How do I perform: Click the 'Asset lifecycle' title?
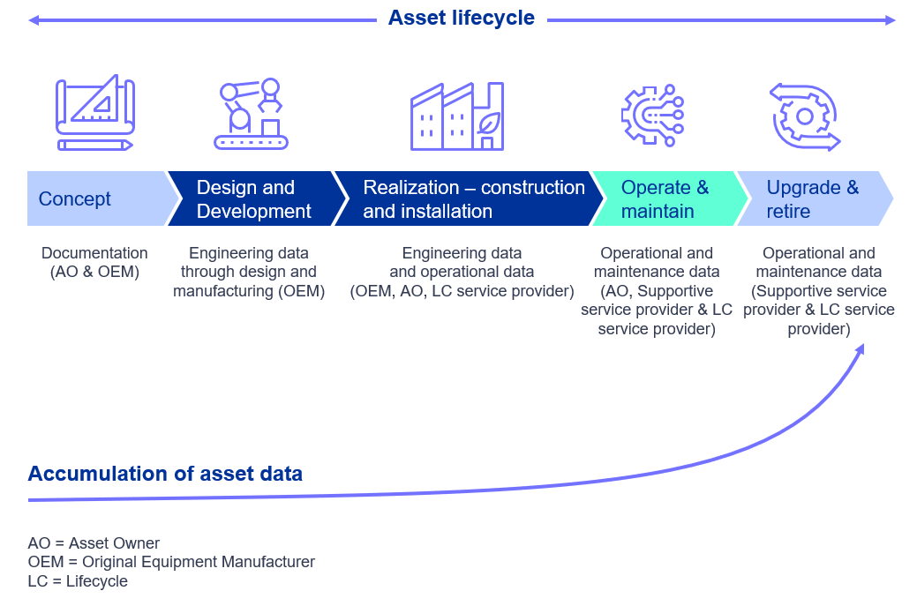(x=461, y=18)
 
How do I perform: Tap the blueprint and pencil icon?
(x=95, y=112)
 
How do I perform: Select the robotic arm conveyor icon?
(x=251, y=114)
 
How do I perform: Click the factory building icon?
(x=457, y=116)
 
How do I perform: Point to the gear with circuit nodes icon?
(x=652, y=116)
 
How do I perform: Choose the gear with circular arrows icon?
(x=805, y=116)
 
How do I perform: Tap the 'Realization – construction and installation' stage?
(x=469, y=198)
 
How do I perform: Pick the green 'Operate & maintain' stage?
(x=670, y=198)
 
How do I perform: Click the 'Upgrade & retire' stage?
(x=816, y=198)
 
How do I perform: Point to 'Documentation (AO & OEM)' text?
(x=94, y=262)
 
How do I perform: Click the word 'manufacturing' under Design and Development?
(x=222, y=291)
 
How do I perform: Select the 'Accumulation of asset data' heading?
(x=165, y=474)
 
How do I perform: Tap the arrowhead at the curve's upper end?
(x=861, y=348)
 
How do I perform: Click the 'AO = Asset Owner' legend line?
(x=94, y=542)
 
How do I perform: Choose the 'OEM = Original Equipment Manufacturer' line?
(x=171, y=562)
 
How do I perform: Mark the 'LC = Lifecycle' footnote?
(x=78, y=581)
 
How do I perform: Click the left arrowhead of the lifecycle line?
(x=34, y=20)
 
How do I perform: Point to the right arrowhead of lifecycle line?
(x=891, y=20)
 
